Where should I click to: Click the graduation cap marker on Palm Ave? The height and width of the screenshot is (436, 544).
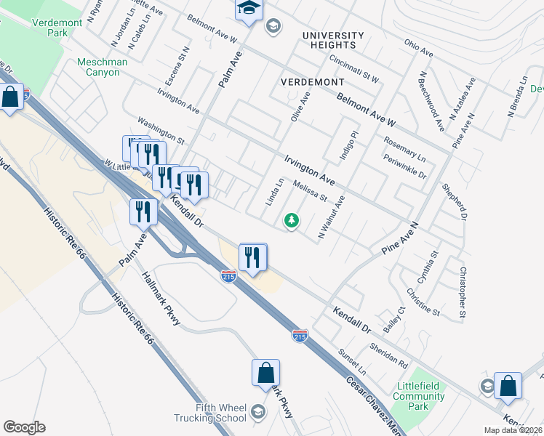(x=248, y=9)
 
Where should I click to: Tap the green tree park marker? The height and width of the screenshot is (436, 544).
(x=292, y=219)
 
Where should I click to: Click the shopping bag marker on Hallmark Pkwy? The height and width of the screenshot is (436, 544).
(x=265, y=374)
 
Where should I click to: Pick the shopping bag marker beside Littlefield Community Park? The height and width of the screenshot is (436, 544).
(x=507, y=387)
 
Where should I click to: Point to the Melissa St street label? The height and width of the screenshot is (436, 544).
(x=311, y=192)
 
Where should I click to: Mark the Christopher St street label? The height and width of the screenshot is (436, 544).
(x=462, y=294)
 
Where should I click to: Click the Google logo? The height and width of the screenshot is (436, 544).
(x=24, y=427)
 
